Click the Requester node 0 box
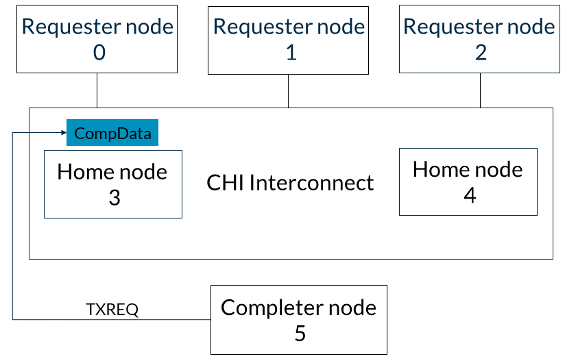pyautogui.click(x=97, y=39)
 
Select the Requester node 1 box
pyautogui.click(x=288, y=40)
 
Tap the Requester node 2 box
pyautogui.click(x=479, y=39)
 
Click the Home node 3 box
pyautogui.click(x=113, y=184)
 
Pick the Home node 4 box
pyautogui.click(x=468, y=181)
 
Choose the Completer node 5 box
pyautogui.click(x=299, y=320)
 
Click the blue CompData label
pyautogui.click(x=112, y=132)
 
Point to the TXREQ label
pyautogui.click(x=112, y=310)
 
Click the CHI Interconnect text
pyautogui.click(x=290, y=182)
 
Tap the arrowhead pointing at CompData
pyautogui.click(x=64, y=132)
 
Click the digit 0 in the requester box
pyautogui.click(x=99, y=53)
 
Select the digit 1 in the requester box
pyautogui.click(x=291, y=53)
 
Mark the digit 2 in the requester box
pyautogui.click(x=481, y=53)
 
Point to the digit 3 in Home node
pyautogui.click(x=115, y=197)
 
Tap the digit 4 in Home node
pyautogui.click(x=470, y=195)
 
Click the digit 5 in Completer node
pyautogui.click(x=300, y=334)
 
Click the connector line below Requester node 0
pyautogui.click(x=97, y=90)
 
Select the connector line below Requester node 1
pyautogui.click(x=288, y=91)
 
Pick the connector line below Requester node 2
pyautogui.click(x=481, y=90)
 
